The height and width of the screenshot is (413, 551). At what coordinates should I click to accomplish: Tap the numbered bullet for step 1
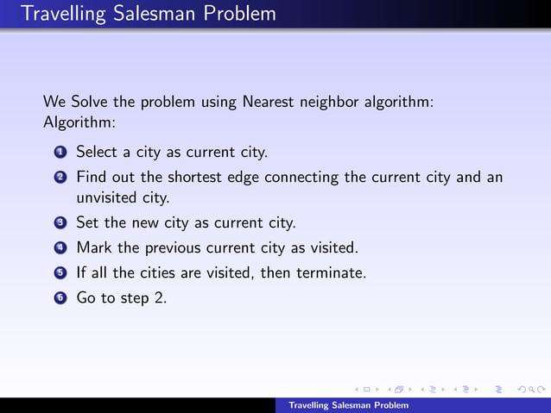60,153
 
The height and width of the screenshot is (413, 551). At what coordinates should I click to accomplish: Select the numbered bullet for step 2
60,178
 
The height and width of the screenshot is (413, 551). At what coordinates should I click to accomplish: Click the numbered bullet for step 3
60,222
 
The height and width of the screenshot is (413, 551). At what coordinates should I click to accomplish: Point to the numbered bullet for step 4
60,248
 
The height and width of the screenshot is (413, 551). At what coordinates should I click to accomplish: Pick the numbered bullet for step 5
60,274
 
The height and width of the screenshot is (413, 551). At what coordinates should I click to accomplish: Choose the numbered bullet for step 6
60,300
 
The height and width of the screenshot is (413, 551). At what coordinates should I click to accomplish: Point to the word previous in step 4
173,248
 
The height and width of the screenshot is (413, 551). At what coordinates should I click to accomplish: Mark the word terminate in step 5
334,274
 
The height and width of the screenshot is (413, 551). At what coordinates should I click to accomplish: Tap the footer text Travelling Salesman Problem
348,405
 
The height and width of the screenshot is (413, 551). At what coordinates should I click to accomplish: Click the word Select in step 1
96,153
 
